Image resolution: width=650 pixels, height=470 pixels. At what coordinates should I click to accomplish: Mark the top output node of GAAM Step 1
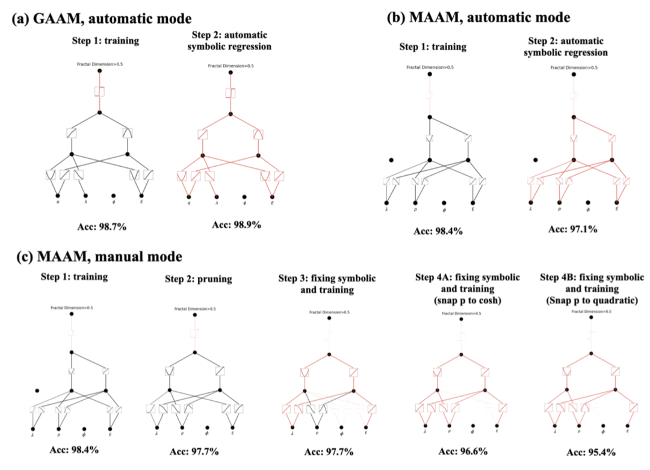[x=100, y=70]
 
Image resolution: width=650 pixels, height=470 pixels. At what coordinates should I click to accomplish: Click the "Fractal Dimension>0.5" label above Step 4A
[x=461, y=314]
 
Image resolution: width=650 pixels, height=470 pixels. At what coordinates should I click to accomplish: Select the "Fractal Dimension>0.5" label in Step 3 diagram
[x=328, y=312]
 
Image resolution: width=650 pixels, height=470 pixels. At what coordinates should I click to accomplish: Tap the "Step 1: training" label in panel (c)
[x=72, y=277]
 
